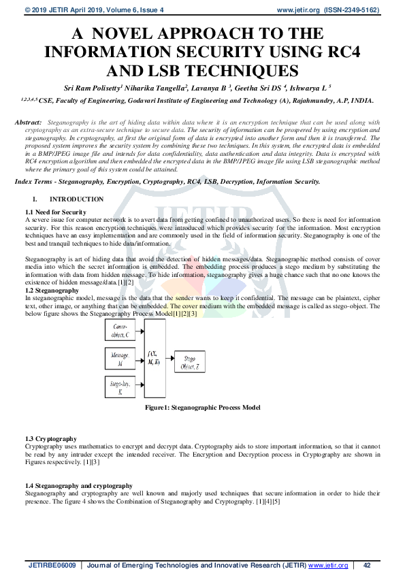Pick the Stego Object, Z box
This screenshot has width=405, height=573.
click(187, 362)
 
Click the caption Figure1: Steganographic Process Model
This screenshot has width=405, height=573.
click(202, 407)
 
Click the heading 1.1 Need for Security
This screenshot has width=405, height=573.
click(55, 213)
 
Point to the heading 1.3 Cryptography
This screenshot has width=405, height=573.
click(51, 439)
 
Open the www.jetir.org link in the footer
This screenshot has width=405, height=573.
click(328, 565)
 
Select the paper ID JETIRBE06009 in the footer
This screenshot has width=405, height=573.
click(53, 565)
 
